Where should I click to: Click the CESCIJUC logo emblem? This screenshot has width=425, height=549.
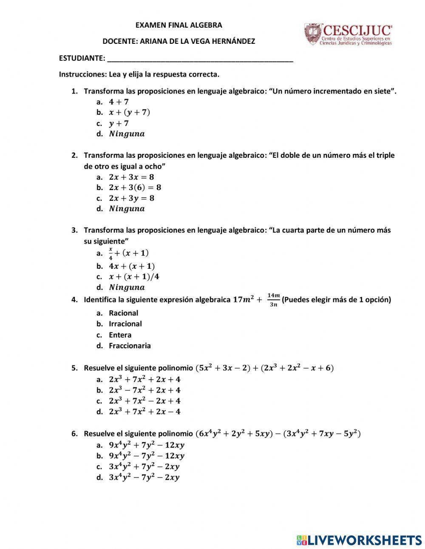[x=313, y=35]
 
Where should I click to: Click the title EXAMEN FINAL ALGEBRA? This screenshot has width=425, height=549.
[x=178, y=25]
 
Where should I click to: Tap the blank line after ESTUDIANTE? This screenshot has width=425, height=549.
[x=200, y=59]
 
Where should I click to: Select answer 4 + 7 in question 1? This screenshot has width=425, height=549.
[x=119, y=102]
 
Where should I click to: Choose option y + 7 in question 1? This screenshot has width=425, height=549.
[x=119, y=123]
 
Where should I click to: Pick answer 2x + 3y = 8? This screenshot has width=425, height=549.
[x=131, y=198]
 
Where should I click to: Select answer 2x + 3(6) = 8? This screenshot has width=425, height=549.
[x=135, y=188]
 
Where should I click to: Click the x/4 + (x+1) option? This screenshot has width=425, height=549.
[x=128, y=253]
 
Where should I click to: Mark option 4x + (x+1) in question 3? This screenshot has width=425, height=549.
[x=131, y=266]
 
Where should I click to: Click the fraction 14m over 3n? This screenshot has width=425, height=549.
[x=274, y=299]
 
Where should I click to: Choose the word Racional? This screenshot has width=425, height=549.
[x=123, y=313]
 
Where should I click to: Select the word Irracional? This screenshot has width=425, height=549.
[x=125, y=324]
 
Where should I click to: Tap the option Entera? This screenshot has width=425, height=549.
[x=120, y=335]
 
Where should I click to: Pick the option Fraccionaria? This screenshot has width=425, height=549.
[x=130, y=346]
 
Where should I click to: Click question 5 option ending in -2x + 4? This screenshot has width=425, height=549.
[x=144, y=401]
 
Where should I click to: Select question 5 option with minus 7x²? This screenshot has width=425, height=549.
[x=144, y=390]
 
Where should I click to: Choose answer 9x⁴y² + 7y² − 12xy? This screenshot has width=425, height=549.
[x=146, y=445]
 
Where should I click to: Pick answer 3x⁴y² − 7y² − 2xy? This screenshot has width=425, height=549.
[x=144, y=478]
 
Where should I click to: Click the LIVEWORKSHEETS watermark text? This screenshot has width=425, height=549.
[x=364, y=540]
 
